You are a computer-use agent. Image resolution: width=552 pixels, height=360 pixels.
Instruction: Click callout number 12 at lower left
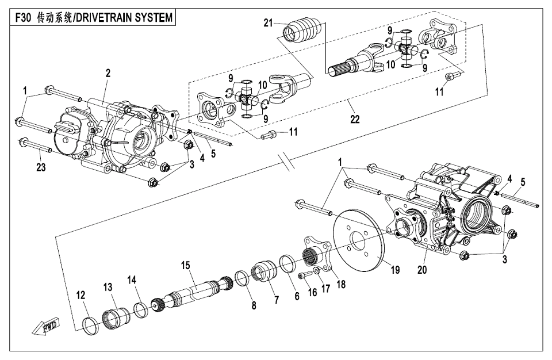(x=81, y=294)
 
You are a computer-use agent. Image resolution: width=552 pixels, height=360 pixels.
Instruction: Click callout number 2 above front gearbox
(x=108, y=73)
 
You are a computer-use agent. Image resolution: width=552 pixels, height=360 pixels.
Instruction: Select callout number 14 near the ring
(x=132, y=279)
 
